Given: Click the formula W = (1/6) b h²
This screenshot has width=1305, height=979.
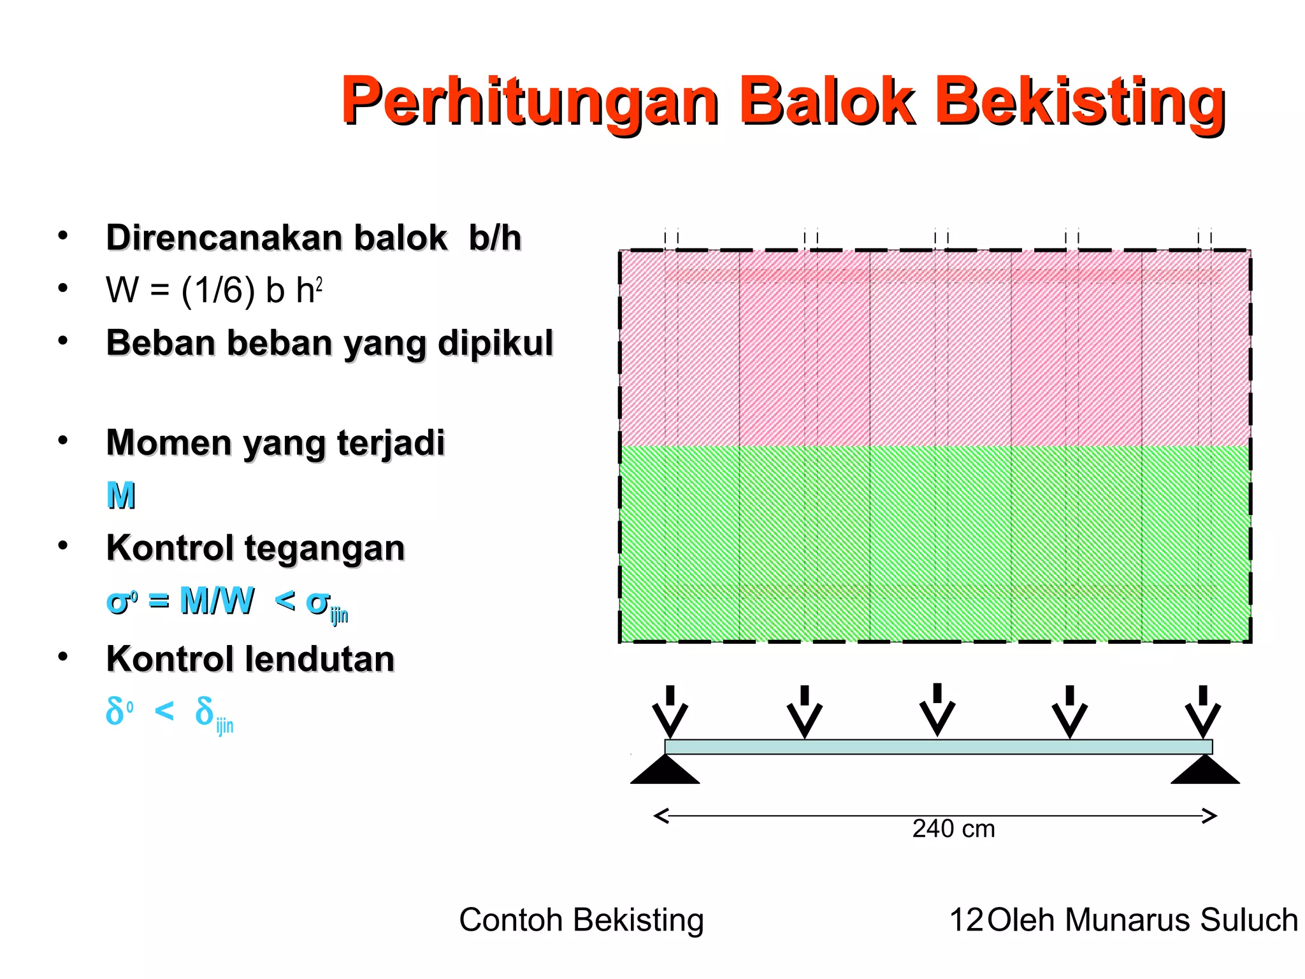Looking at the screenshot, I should (214, 291).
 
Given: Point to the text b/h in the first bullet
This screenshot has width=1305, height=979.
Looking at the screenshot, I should (495, 238).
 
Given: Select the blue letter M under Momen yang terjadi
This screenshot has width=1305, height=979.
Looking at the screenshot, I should (121, 496).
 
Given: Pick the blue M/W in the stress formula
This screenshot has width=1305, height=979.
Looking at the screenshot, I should (217, 600).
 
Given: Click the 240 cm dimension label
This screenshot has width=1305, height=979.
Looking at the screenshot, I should (953, 829).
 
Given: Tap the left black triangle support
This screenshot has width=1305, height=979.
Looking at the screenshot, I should (665, 770).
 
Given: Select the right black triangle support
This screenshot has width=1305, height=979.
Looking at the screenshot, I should (1205, 770).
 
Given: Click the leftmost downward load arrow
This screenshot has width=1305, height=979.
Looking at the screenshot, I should (670, 711).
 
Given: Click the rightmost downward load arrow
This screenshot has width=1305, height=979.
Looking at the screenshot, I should (1202, 711).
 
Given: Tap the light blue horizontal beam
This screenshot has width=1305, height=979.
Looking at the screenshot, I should (938, 747).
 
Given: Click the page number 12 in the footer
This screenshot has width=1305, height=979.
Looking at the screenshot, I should (966, 920).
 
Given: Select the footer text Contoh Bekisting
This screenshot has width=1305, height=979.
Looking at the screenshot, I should (581, 920).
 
